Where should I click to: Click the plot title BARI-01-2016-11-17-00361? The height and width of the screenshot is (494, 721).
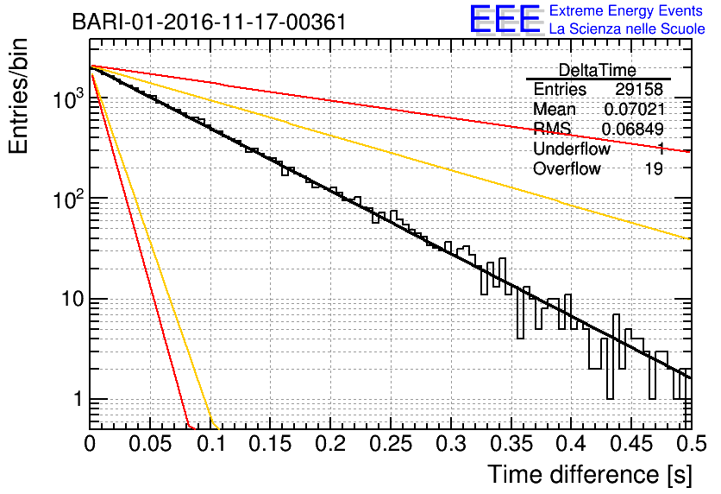click(210, 22)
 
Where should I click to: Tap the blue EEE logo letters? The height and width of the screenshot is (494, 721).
click(505, 20)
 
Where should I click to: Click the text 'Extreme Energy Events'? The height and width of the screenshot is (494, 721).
click(626, 10)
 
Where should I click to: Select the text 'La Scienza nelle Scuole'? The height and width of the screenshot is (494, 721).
click(627, 29)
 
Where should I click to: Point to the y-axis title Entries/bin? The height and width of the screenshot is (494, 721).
click(18, 96)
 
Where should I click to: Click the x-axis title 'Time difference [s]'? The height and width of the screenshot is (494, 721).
click(590, 475)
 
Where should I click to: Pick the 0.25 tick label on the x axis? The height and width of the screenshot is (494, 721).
click(391, 444)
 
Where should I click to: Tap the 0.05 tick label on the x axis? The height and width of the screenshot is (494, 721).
click(150, 444)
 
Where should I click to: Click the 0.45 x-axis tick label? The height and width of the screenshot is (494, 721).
click(631, 444)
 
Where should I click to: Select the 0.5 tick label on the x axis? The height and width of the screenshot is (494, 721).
click(691, 444)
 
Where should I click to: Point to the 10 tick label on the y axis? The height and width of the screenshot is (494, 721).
click(72, 299)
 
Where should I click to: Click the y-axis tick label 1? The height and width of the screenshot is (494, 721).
click(78, 399)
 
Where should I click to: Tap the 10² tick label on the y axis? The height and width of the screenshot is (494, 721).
click(68, 199)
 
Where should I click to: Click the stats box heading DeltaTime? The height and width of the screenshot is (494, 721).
click(598, 71)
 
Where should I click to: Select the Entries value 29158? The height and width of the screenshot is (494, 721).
click(639, 89)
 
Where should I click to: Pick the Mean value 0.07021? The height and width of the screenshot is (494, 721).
click(634, 109)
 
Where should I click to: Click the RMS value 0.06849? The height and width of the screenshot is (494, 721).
click(633, 129)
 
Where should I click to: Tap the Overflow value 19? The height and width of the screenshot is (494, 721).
click(654, 168)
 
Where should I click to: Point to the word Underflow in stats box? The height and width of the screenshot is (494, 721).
click(572, 149)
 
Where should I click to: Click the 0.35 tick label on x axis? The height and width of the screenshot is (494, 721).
click(511, 444)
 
